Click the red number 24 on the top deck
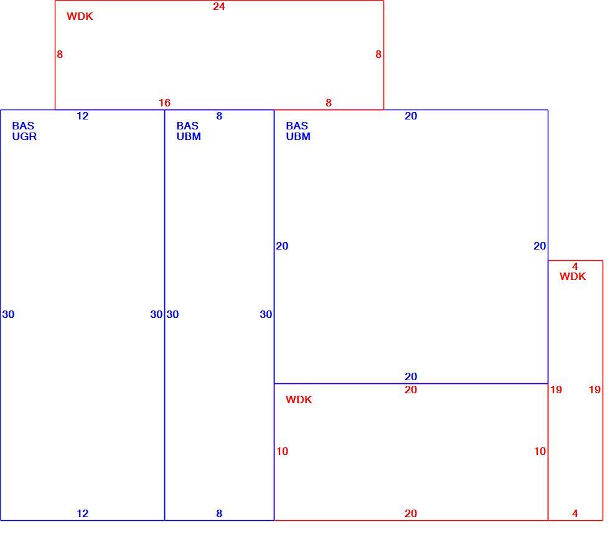coord(218,6)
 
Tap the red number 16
coord(164,103)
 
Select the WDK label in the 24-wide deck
coord(80,16)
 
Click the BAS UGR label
coord(24,131)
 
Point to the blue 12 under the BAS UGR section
coord(82,513)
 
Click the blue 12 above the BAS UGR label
coord(82,116)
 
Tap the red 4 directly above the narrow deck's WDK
coord(575,266)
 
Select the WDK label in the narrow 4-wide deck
coord(573,276)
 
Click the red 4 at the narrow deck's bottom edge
coord(575,513)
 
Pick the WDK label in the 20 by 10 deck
coord(299,399)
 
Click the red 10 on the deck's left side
coord(282,451)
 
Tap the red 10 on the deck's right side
coord(540,451)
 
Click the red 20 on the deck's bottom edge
coord(411,513)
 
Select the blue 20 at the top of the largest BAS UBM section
coord(411,116)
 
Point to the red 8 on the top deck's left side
coord(60,54)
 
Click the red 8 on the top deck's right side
coord(378,54)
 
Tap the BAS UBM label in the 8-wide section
coord(189,131)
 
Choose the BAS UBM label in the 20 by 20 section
coord(298,131)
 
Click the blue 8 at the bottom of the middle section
coord(219,513)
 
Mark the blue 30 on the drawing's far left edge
coord(8,314)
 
